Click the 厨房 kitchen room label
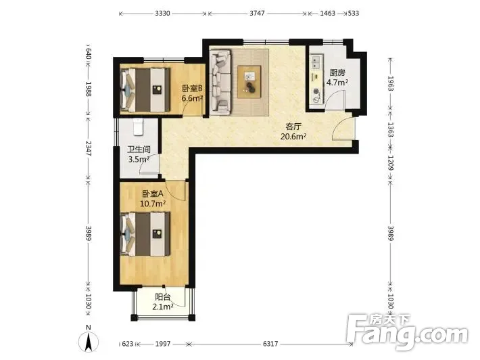coord(337,73)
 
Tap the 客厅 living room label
coord(293,127)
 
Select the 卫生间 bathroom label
coord(139,150)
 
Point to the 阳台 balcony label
coord(162,297)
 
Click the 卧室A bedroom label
coord(153,194)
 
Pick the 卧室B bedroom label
coord(193,89)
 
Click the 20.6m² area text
coord(293,137)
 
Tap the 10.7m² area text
coord(153,204)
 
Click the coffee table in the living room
coord(249,82)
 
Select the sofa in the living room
coord(220,82)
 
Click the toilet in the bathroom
coord(138,127)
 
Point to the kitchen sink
coord(316,62)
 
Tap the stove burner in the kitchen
coord(316,91)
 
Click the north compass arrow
coord(89,342)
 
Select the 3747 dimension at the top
coord(257,14)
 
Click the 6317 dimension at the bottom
coord(270,344)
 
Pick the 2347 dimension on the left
coord(88,148)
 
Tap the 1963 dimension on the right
coord(391,83)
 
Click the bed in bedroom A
coord(145,234)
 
